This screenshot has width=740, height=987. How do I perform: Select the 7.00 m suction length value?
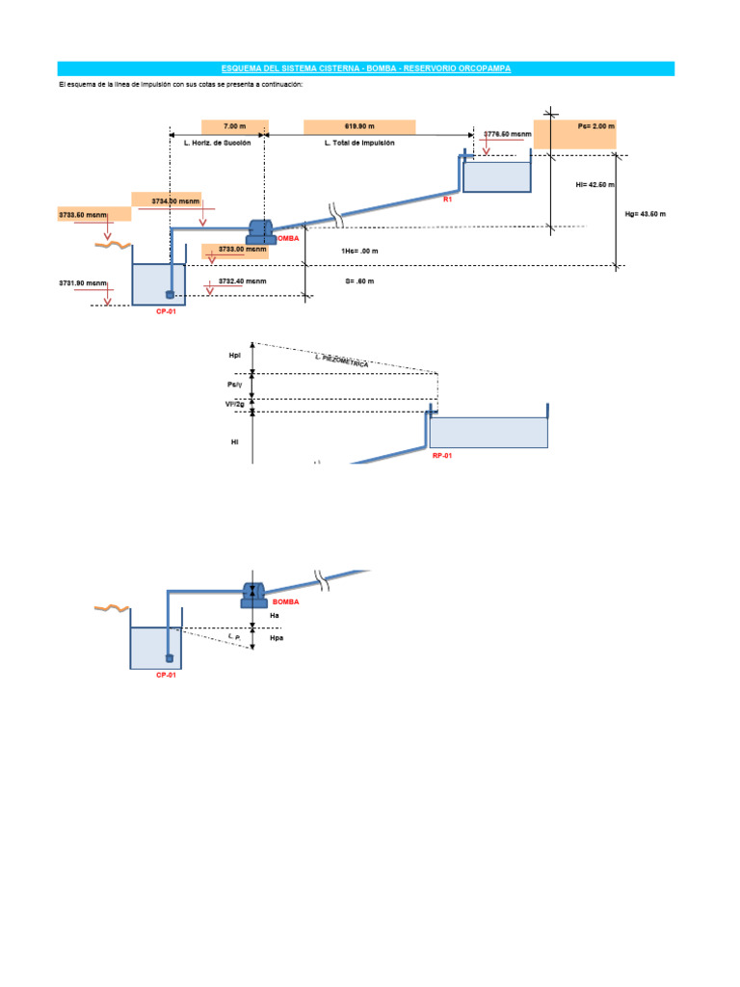click(234, 126)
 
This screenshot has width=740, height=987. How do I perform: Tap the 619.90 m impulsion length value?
click(358, 126)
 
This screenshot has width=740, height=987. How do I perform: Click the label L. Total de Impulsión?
click(358, 143)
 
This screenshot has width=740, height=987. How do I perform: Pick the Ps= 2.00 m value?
click(595, 126)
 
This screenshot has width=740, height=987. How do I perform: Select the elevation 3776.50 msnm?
click(508, 134)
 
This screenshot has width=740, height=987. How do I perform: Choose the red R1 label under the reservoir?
click(447, 200)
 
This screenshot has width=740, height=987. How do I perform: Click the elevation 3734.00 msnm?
click(175, 200)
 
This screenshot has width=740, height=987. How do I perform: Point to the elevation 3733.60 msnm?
click(83, 215)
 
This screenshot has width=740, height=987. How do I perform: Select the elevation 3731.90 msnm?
click(81, 283)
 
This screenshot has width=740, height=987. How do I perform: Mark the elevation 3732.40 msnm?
click(242, 280)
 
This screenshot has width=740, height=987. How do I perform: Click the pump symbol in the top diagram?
click(260, 230)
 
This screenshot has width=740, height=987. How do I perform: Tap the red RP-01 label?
click(442, 455)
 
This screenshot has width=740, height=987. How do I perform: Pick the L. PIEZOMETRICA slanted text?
click(342, 360)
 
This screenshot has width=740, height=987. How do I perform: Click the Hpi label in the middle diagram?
click(234, 356)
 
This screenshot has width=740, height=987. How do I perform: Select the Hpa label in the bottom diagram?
click(277, 638)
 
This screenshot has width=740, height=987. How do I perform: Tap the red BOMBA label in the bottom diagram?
click(285, 601)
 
